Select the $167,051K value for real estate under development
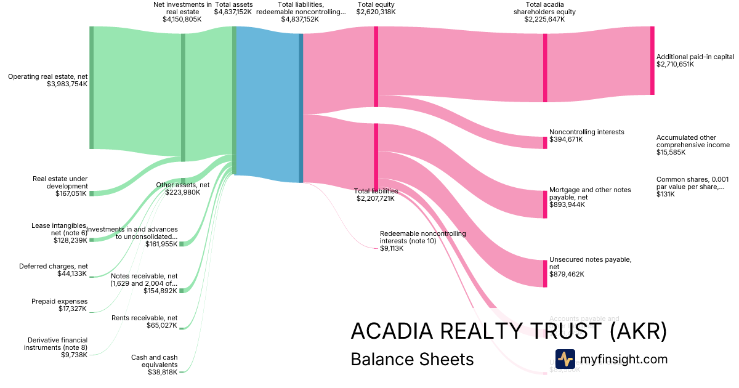(x=71, y=193)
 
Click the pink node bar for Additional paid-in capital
(x=652, y=60)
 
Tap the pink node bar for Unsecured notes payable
(x=545, y=273)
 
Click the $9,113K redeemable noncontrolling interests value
(x=392, y=248)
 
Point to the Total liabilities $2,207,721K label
(x=376, y=195)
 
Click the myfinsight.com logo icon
(x=565, y=359)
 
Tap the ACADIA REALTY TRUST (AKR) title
(x=508, y=331)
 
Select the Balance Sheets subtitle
(x=412, y=359)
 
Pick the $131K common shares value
(x=666, y=194)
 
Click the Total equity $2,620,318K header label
(x=376, y=8)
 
